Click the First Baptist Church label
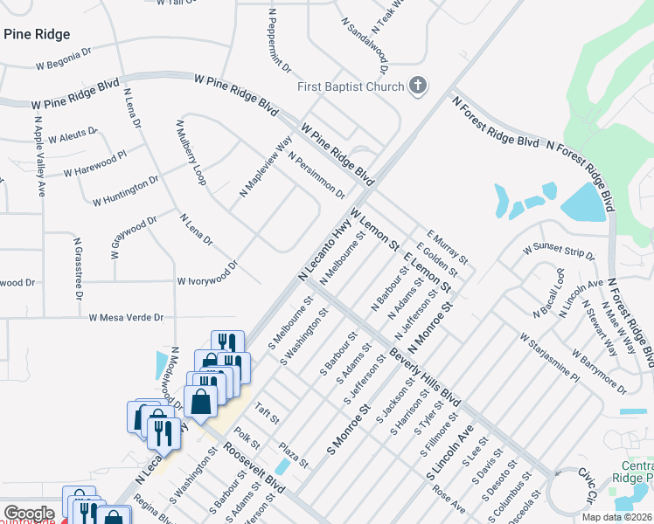click(351, 86)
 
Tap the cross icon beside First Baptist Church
click(419, 86)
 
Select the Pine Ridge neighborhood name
click(37, 34)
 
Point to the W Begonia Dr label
click(63, 59)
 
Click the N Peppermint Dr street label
click(282, 44)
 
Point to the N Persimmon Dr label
click(316, 176)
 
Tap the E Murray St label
click(448, 248)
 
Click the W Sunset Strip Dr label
click(558, 252)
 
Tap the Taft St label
click(267, 413)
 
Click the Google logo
click(29, 514)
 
